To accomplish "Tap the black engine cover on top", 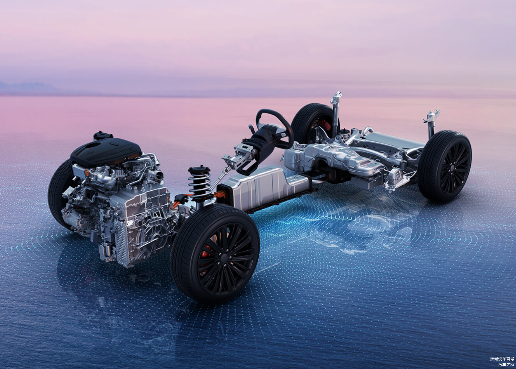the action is click(106, 151).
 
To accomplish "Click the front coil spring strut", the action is click(199, 184).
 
